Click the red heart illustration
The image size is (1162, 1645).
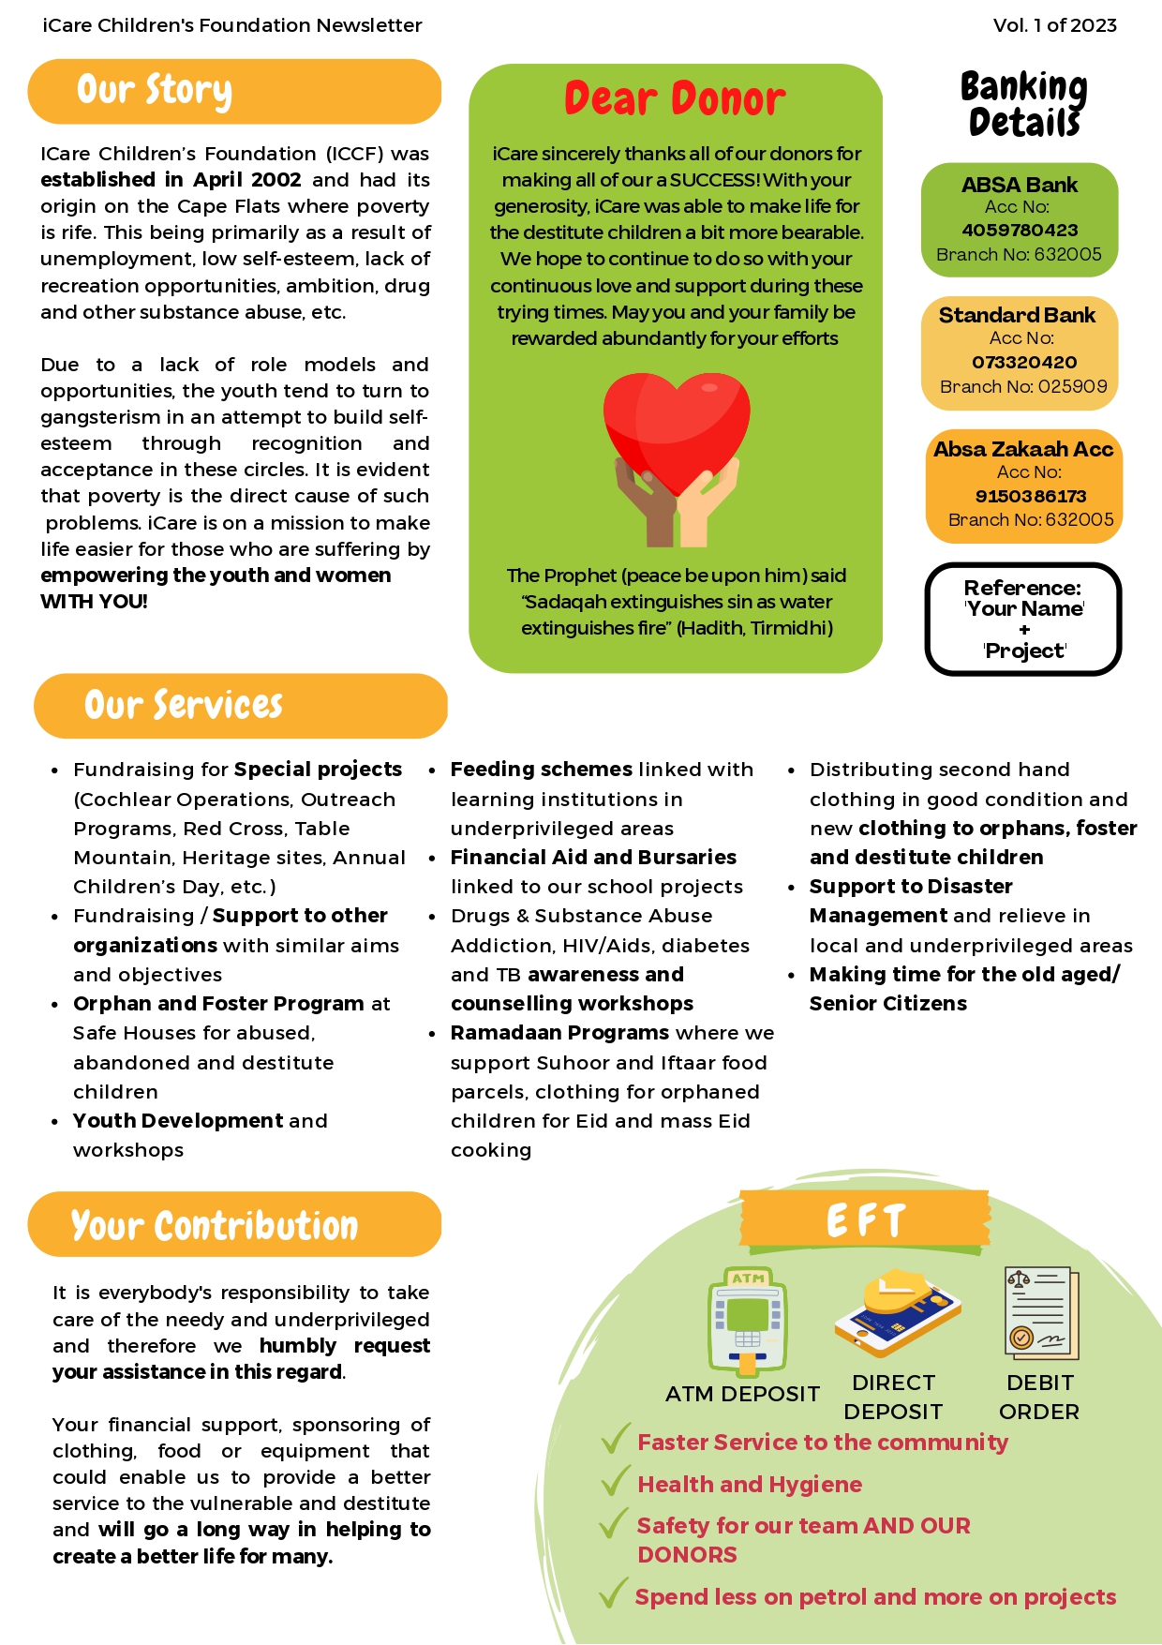coord(677,426)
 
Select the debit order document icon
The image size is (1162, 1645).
coord(1042,1313)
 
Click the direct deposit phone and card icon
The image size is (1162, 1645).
coord(897,1313)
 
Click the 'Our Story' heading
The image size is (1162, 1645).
coord(155,91)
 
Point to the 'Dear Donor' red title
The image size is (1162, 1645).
coord(675,99)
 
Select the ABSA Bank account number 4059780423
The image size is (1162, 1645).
coord(1020,231)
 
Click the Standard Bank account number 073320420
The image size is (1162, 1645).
coord(1023,363)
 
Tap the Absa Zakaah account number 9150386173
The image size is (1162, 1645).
coord(1030,497)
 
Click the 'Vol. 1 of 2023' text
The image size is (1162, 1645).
coord(1054,25)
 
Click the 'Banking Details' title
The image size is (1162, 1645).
coord(1023,103)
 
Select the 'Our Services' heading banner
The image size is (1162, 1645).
coord(184,706)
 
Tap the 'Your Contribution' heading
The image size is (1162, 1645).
coord(215,1225)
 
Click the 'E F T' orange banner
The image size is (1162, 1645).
coord(865,1220)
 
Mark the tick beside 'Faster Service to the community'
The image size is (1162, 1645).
coord(615,1439)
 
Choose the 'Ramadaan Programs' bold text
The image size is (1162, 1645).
coord(559,1033)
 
